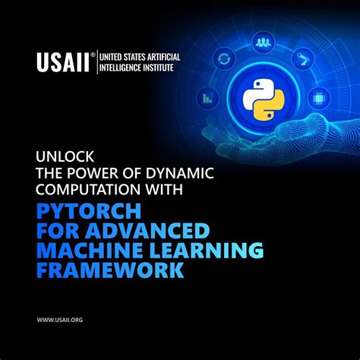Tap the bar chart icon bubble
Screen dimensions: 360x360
click(x=207, y=97)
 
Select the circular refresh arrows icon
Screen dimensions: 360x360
click(x=223, y=58)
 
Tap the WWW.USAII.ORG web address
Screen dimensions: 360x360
click(x=59, y=321)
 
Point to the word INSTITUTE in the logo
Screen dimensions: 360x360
click(x=153, y=68)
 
